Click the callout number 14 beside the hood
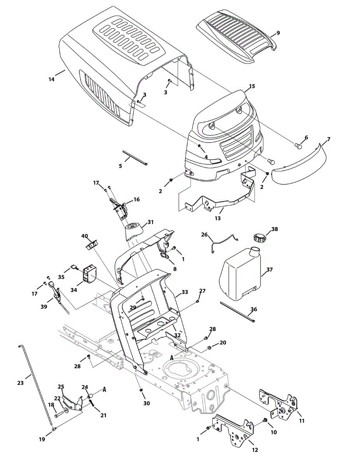point(51,79)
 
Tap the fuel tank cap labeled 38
point(259,237)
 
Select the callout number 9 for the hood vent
point(278,33)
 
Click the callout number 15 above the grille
point(252,86)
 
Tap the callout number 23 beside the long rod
point(21,383)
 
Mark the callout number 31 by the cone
point(150,223)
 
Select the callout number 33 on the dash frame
point(184,292)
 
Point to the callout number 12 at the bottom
point(255,450)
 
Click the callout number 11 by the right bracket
point(301,421)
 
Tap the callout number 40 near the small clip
point(85,236)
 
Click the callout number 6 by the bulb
point(306,137)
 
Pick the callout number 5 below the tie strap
point(120,166)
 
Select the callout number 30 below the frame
point(146,403)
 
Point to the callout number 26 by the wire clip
point(204,235)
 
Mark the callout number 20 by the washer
point(223,343)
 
